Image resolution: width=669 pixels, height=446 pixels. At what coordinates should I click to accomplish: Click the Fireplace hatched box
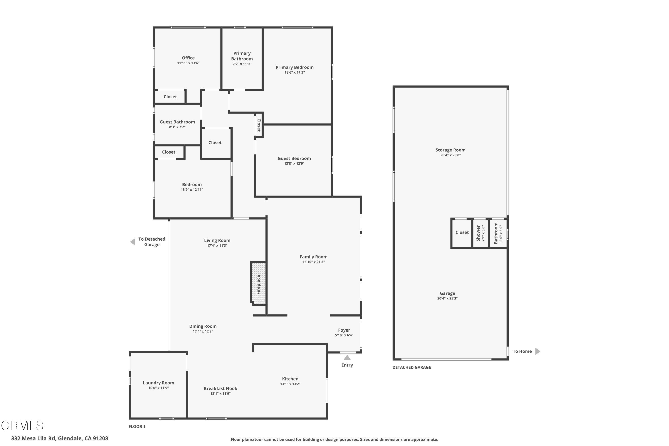tap(258, 283)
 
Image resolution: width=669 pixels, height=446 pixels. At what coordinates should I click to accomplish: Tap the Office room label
tap(188, 58)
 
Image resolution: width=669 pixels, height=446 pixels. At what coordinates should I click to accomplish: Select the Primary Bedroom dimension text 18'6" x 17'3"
tap(294, 72)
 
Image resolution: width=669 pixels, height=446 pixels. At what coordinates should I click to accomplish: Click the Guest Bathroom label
tap(177, 122)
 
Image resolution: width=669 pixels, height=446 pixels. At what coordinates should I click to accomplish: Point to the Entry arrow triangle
tap(347, 357)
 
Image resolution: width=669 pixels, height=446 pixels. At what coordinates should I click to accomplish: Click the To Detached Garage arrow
tap(132, 242)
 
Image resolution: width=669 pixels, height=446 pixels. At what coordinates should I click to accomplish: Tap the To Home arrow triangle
tap(538, 351)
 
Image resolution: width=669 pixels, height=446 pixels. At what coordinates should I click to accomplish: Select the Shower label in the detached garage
tap(478, 233)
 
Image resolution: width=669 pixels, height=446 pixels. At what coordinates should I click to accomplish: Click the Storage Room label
tap(450, 150)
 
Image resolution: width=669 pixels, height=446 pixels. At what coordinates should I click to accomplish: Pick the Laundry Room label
tap(158, 383)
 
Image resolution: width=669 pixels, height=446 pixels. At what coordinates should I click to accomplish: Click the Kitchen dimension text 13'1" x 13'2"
tap(290, 384)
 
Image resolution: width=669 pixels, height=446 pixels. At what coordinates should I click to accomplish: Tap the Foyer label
tap(344, 330)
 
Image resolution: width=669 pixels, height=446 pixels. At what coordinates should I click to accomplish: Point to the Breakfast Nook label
tap(221, 388)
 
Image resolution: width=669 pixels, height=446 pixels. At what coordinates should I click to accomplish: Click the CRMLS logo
tap(22, 425)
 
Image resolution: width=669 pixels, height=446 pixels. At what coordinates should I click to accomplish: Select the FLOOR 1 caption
tap(137, 426)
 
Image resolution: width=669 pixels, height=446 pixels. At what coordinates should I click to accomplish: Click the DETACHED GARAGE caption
tap(412, 367)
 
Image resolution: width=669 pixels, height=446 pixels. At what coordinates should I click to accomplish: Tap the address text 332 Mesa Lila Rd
tap(60, 438)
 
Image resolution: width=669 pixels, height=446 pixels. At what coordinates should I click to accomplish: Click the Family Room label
tap(314, 257)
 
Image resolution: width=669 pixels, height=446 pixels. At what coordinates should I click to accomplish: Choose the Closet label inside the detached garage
tap(462, 232)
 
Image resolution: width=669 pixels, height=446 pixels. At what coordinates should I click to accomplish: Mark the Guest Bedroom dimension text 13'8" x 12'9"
tap(294, 163)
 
